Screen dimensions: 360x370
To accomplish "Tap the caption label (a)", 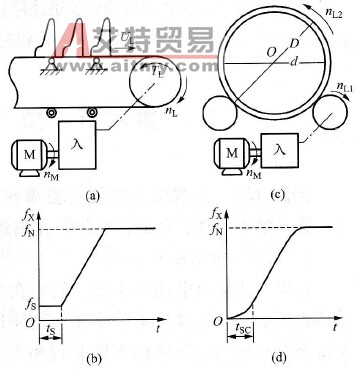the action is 93,196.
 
